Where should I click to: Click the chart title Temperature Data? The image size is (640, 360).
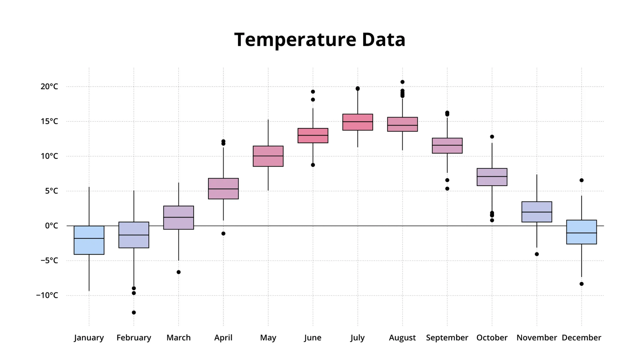[320, 40]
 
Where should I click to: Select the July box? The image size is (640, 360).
[358, 122]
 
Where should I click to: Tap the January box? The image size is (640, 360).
[89, 240]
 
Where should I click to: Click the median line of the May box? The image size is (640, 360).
[268, 156]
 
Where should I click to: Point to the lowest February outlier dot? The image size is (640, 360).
[134, 313]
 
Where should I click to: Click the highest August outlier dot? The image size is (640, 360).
[402, 82]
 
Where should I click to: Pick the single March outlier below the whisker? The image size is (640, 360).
[179, 272]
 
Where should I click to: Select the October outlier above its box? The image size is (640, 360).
[492, 137]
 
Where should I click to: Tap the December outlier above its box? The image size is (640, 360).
[581, 180]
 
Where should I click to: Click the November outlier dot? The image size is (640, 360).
[537, 254]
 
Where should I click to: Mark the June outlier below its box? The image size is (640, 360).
[313, 165]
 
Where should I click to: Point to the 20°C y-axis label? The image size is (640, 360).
[49, 87]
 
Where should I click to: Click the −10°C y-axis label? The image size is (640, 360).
[47, 295]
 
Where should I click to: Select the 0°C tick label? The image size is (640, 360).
[51, 226]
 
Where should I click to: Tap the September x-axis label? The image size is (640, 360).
[447, 338]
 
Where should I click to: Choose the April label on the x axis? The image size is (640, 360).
[223, 338]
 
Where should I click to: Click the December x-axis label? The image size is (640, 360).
[581, 338]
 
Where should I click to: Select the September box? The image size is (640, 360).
[447, 146]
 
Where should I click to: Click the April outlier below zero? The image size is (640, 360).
[223, 234]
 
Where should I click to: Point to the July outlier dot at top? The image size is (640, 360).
[358, 88]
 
